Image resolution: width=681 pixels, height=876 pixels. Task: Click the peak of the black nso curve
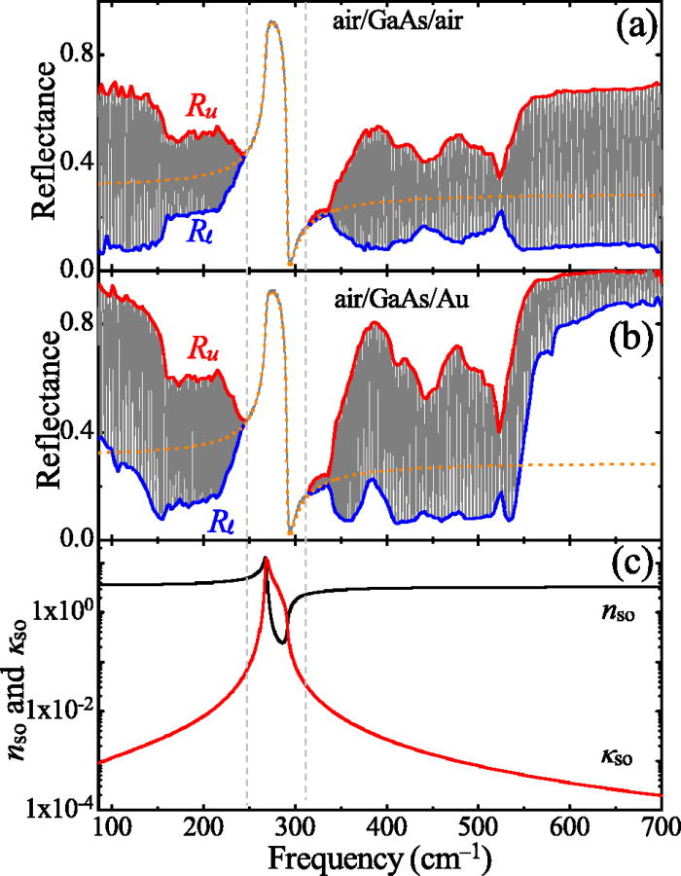pyautogui.click(x=265, y=559)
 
